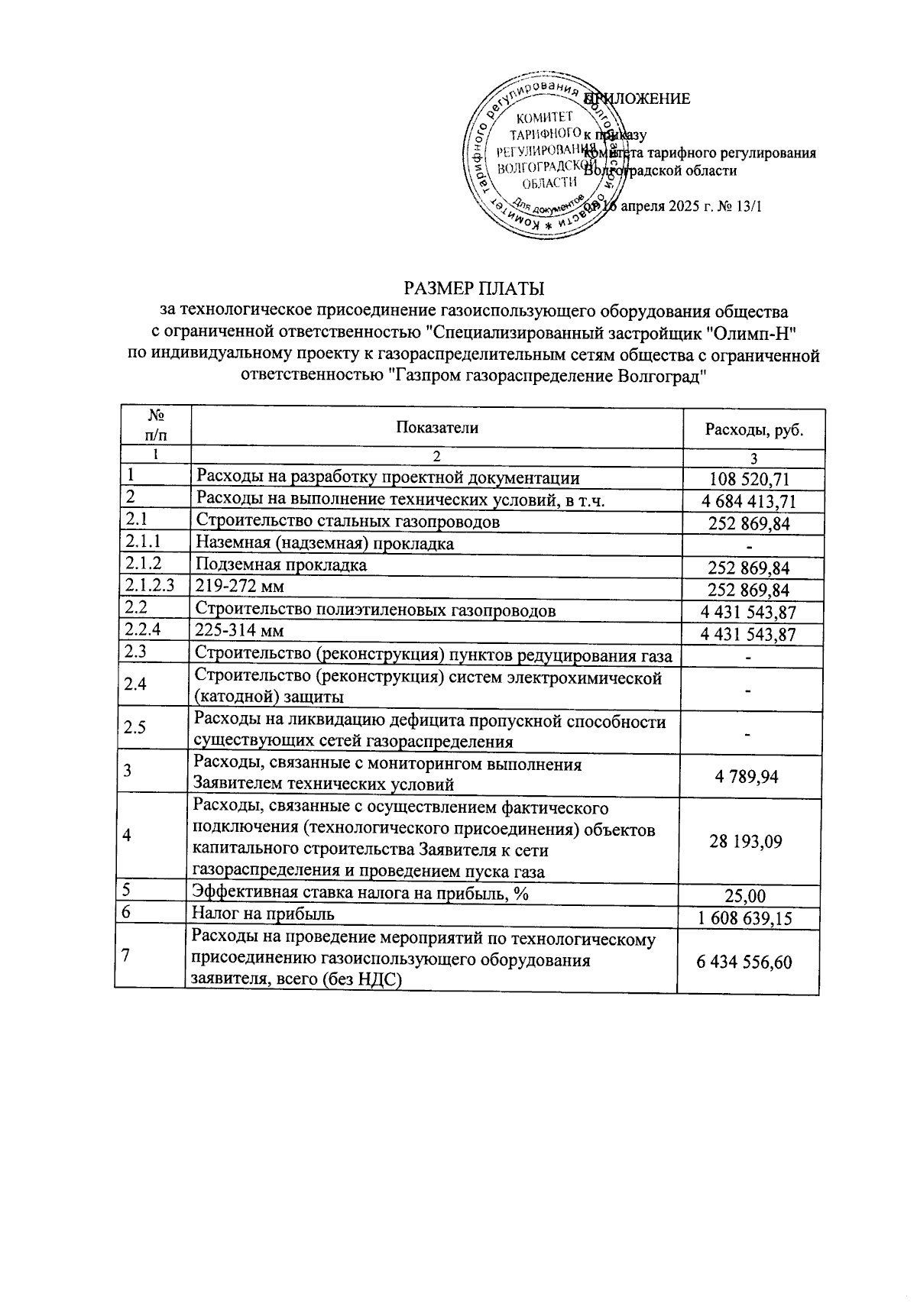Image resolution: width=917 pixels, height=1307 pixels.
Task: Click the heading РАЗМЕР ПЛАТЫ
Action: (x=474, y=289)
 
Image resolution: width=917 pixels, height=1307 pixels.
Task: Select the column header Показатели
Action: (x=436, y=428)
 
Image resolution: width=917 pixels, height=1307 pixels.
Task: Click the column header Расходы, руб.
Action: (x=753, y=430)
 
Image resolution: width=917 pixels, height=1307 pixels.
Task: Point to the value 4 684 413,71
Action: (x=749, y=502)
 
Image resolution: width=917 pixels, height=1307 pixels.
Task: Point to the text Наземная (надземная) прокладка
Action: (x=325, y=544)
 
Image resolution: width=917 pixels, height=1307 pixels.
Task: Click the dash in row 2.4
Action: (x=749, y=691)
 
